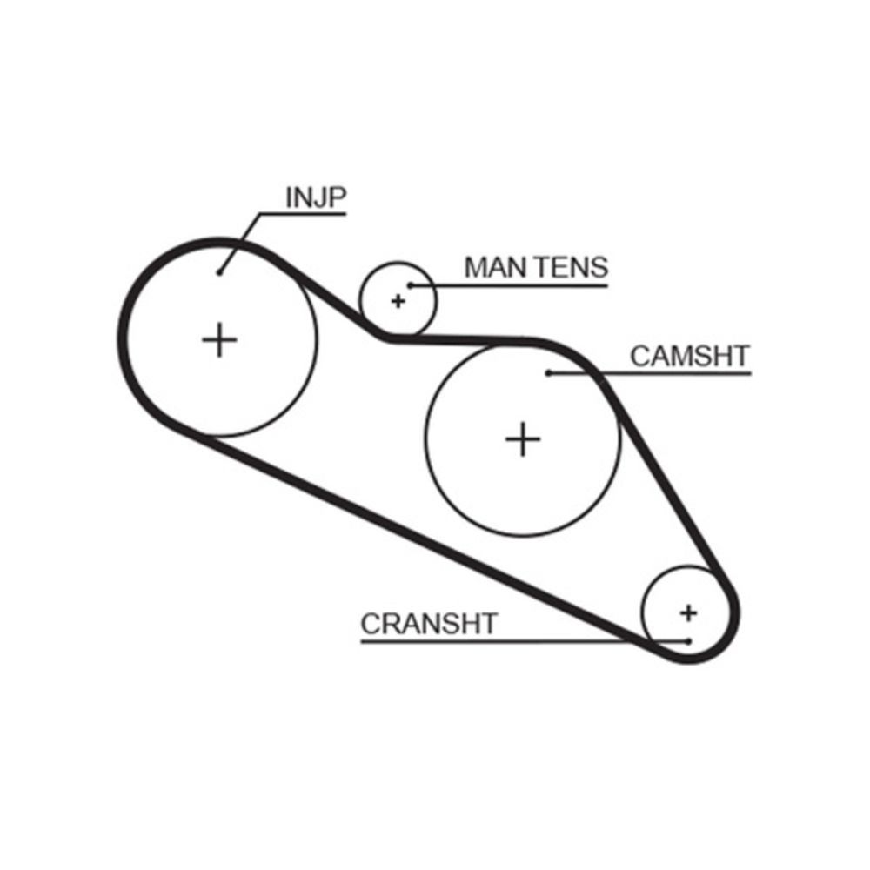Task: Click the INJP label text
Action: coord(316,197)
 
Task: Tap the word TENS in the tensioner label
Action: coord(573,267)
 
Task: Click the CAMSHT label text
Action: coord(690,356)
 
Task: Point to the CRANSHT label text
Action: coord(429,624)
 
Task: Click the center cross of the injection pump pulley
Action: coord(220,339)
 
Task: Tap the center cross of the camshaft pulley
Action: coord(523,439)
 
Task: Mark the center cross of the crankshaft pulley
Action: coord(688,613)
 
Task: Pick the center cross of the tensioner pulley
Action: coord(398,301)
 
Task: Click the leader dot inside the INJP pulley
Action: coord(220,272)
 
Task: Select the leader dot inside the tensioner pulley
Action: coord(411,285)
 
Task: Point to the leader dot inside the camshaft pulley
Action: coord(548,373)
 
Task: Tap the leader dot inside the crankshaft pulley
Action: coord(688,641)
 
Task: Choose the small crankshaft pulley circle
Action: coord(642,613)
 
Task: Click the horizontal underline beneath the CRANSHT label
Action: coord(525,642)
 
